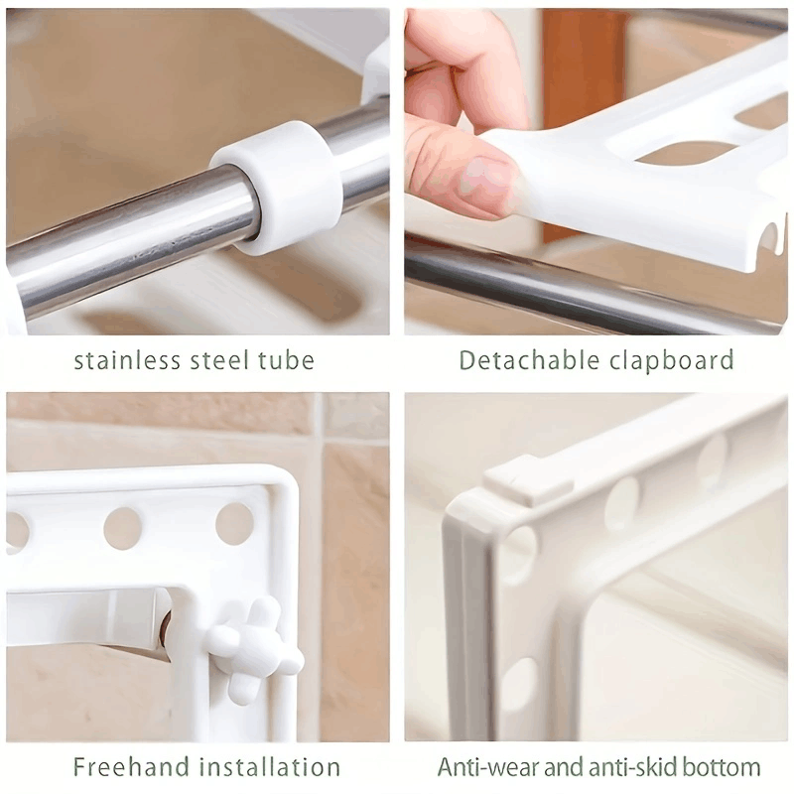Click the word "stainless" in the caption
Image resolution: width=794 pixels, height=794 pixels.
(126, 359)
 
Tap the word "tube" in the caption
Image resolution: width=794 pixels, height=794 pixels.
(287, 359)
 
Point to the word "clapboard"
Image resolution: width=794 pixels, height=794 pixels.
(672, 359)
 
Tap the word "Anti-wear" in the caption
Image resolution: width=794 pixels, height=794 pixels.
(483, 766)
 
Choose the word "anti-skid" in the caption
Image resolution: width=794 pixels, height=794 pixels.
(620, 766)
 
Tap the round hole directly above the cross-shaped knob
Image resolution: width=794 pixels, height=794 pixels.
(234, 523)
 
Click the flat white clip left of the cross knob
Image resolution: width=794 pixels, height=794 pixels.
(89, 615)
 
